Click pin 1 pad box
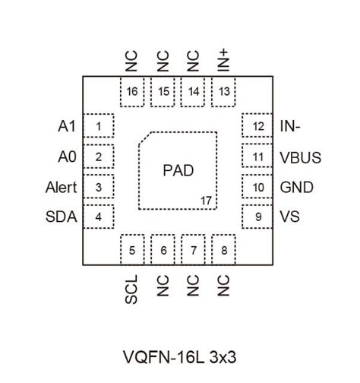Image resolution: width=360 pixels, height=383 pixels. [x=99, y=126]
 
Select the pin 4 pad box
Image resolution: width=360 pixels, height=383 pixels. [x=99, y=217]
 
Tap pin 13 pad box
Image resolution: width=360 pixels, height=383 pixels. [x=223, y=91]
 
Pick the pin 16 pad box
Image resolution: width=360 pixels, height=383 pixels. [x=132, y=91]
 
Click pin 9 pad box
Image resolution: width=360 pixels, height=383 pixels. [x=258, y=217]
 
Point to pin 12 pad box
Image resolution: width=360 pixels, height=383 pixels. [x=258, y=126]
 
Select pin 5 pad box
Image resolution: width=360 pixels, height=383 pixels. [x=132, y=249]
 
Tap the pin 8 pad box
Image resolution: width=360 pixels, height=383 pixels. [x=223, y=249]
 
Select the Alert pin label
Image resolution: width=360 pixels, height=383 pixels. [x=61, y=188]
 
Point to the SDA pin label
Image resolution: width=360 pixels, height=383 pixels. [x=61, y=218]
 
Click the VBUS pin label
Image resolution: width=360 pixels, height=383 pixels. [x=300, y=158]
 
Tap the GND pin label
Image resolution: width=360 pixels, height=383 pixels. [x=296, y=188]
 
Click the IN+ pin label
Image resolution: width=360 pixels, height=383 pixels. [x=223, y=59]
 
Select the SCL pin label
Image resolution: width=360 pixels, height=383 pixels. [x=132, y=290]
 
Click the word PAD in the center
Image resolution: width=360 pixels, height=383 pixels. [x=178, y=170]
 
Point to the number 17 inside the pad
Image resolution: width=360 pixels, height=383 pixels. [x=206, y=201]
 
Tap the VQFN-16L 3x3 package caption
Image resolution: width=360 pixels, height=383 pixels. [x=180, y=356]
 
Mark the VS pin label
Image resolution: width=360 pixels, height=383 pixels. [x=289, y=218]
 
